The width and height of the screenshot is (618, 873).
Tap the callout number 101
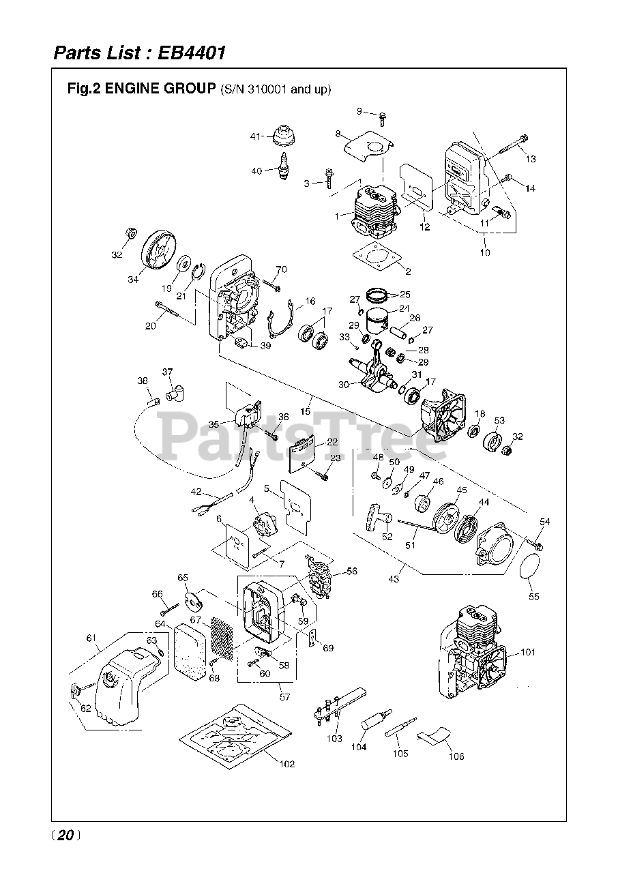click(x=528, y=652)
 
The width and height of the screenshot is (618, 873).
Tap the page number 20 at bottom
click(x=66, y=835)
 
